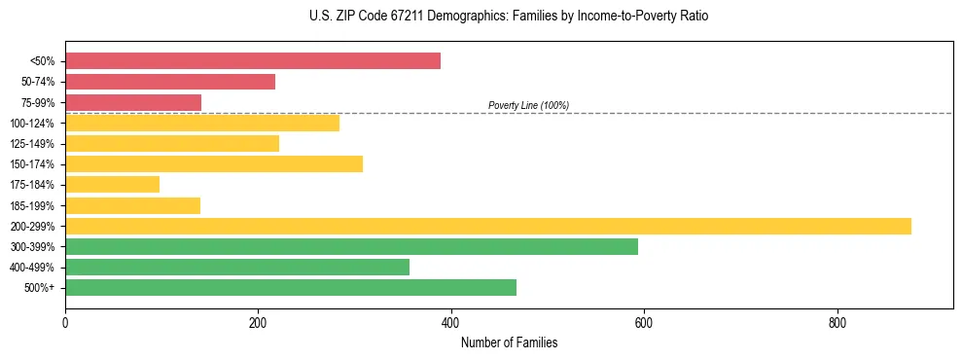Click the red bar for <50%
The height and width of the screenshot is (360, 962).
pos(253,60)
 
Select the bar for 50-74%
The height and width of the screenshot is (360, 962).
pos(170,82)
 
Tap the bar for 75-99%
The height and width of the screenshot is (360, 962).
pos(133,102)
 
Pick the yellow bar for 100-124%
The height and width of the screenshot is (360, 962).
pos(202,123)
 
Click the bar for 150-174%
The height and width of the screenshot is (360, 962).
pos(214,164)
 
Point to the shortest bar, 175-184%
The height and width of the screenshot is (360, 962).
pos(112,185)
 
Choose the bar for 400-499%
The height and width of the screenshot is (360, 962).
pos(237,268)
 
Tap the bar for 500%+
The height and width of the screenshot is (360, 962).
pos(291,288)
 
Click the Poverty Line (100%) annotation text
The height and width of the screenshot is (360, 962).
pos(528,105)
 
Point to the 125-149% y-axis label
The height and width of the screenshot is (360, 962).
pos(33,144)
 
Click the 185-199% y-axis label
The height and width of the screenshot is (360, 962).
pos(33,206)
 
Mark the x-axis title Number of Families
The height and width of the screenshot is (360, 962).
pos(509,342)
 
